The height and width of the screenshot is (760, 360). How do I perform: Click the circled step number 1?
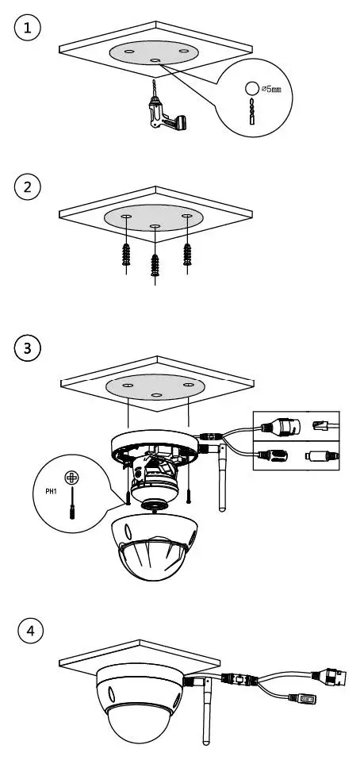pyautogui.click(x=29, y=29)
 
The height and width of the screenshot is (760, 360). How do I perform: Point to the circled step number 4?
pyautogui.click(x=31, y=631)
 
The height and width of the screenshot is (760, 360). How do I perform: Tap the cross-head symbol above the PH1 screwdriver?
pyautogui.click(x=71, y=478)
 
